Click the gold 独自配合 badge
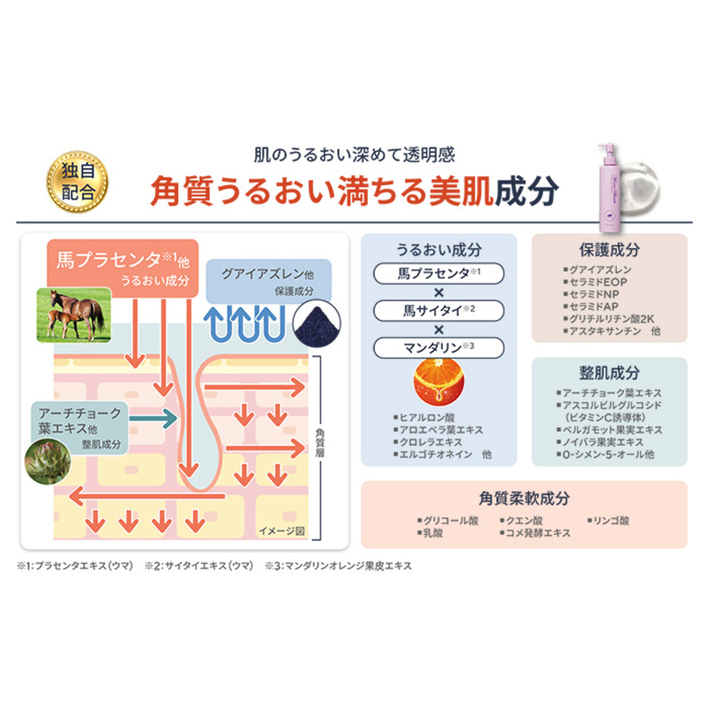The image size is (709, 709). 77,181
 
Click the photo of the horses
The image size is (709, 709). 74,315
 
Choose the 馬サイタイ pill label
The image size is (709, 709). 438,310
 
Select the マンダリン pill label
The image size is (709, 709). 438,347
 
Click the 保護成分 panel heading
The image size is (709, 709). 609,250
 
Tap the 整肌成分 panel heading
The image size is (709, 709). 609,373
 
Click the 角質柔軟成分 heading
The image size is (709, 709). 523,498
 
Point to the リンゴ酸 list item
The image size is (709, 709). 610,521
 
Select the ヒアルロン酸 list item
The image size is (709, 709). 426,418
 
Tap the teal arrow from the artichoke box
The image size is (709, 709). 153,418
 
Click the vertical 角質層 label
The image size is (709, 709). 320,443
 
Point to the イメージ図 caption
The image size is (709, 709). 281,531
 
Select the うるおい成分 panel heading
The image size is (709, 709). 438,250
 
